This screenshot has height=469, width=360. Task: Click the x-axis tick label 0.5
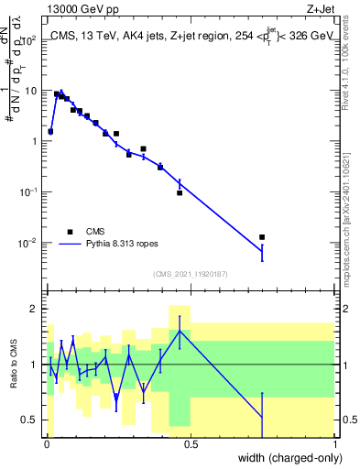(191, 444)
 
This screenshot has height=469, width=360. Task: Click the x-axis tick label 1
(334, 444)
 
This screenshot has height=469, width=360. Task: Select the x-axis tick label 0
(47, 444)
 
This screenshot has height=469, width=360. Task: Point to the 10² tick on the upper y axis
(30, 41)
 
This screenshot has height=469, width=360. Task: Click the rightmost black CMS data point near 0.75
(262, 237)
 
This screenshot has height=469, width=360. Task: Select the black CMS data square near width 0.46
(180, 192)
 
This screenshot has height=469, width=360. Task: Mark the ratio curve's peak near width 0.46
(180, 331)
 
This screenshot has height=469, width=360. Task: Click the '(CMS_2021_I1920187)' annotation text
(190, 274)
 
